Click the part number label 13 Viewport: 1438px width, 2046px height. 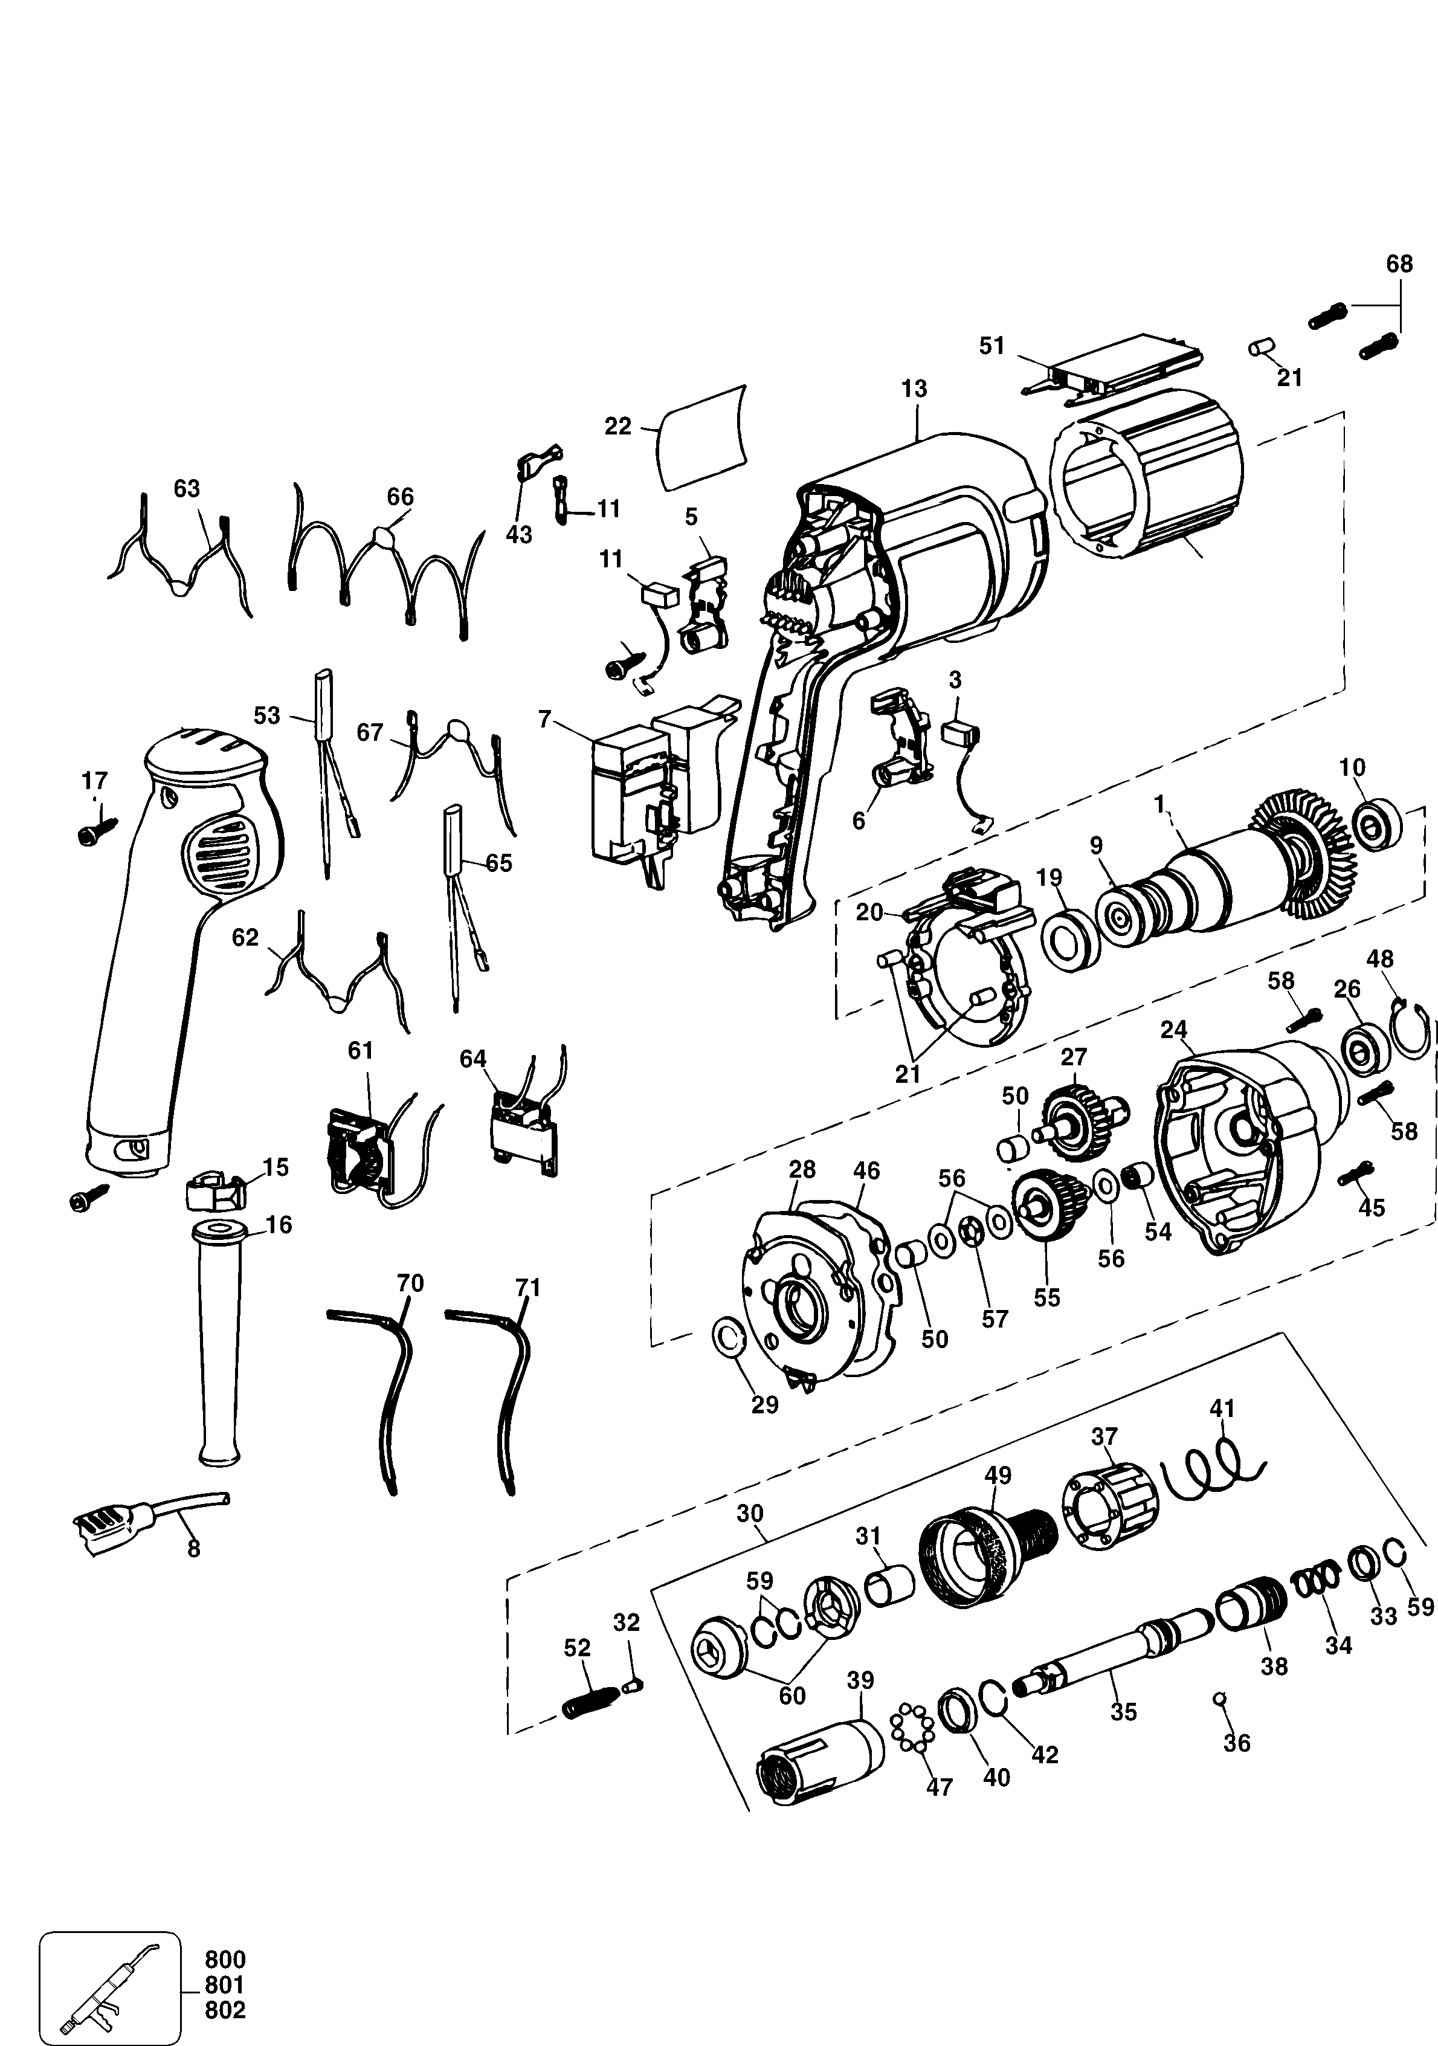[914, 389]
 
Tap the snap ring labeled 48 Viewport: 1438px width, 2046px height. [1411, 1029]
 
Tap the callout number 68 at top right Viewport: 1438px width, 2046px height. [1399, 264]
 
